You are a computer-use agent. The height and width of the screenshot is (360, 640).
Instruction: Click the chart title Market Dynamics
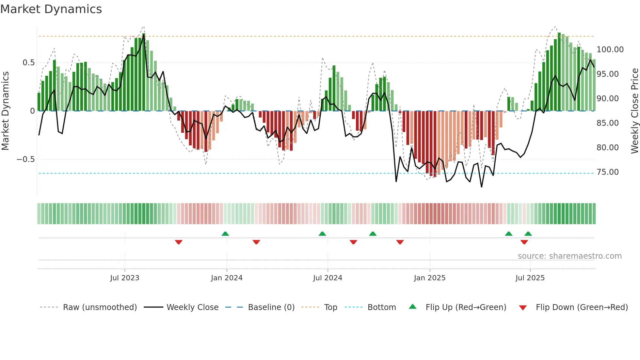coord(51,9)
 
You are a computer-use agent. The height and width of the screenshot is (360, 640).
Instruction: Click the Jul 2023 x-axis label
coord(124,278)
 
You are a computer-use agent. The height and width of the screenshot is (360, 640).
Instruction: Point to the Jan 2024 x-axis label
coord(227,278)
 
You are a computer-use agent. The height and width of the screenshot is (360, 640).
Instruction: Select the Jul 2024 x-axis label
coord(328,278)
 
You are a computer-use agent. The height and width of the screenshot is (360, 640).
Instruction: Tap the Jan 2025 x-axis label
coord(429,278)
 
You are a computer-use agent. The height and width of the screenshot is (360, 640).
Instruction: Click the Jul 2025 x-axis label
coord(530,278)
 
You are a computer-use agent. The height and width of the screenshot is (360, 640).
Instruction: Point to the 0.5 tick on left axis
coord(28,63)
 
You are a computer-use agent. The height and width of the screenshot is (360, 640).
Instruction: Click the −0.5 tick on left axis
coord(25,159)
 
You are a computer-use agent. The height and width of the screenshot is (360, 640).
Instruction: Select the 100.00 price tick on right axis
coord(610,50)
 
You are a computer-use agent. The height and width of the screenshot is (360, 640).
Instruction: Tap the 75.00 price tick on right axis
coord(607,172)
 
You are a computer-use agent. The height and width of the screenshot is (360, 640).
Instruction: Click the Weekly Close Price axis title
coord(634,111)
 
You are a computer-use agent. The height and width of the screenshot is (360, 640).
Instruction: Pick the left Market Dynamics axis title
coord(5,111)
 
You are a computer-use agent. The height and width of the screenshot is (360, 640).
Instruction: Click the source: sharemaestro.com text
coord(569,256)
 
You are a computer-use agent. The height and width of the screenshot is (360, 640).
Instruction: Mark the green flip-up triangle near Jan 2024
coord(225,234)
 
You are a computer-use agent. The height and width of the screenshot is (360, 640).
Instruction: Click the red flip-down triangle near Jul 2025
coord(524,242)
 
